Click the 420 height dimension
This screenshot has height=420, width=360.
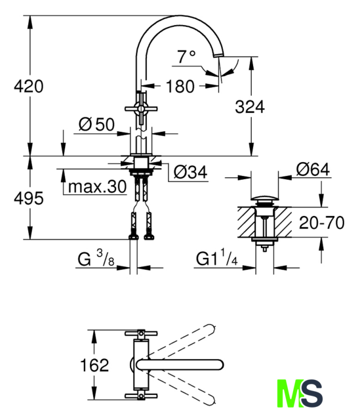[x=29, y=86]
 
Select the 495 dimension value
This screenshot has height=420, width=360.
[x=29, y=198]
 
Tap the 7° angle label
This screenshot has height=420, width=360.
[x=187, y=56]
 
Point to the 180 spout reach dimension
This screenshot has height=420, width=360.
[x=180, y=86]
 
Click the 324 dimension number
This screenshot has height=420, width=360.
[x=250, y=106]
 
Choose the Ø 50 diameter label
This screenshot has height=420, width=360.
[x=96, y=124]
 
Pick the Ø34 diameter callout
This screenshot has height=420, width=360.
[x=190, y=172]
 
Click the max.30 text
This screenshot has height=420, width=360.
[x=98, y=186]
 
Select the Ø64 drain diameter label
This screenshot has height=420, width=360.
[x=313, y=169]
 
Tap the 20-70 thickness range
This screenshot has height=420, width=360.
[x=321, y=222]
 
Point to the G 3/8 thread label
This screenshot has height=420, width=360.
[x=96, y=259]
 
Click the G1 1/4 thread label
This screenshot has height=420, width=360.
[x=217, y=259]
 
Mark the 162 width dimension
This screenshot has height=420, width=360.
[x=94, y=365]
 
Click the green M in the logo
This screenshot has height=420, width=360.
[x=290, y=393]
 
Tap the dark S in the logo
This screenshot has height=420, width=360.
[x=311, y=393]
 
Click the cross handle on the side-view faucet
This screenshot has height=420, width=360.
[x=141, y=108]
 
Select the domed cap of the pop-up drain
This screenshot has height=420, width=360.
[x=264, y=198]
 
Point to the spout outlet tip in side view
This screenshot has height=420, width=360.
[x=218, y=55]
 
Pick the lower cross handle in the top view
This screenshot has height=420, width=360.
[x=141, y=396]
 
